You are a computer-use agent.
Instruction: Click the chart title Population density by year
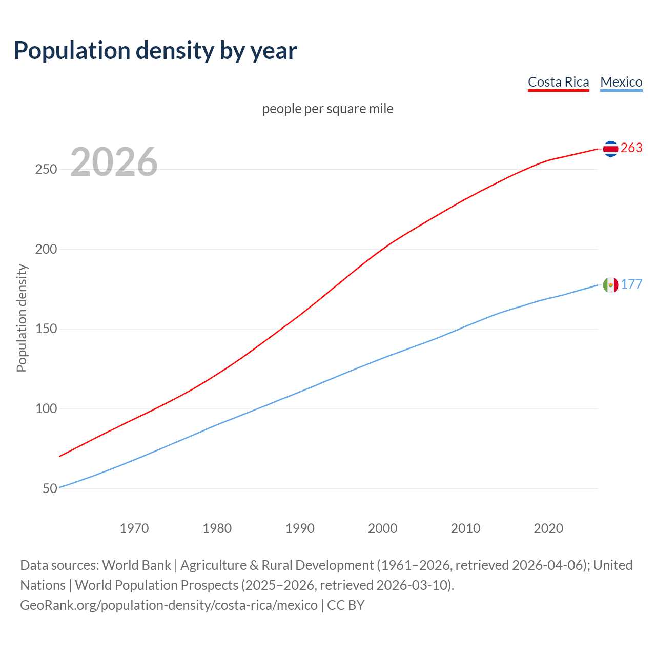(155, 51)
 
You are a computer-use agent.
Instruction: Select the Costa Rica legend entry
(558, 82)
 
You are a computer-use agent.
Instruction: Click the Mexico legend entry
(621, 82)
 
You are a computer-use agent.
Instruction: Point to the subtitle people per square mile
(327, 109)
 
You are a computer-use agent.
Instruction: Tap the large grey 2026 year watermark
(114, 162)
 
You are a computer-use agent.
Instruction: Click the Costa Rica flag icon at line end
(610, 149)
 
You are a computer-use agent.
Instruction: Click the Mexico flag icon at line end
(610, 284)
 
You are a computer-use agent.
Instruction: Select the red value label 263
(631, 148)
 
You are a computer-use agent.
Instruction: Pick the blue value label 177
(631, 284)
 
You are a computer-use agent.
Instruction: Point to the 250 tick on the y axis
(46, 170)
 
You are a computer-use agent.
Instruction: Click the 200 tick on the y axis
(46, 250)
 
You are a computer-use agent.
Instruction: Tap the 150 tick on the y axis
(46, 329)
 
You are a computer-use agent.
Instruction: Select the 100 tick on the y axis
(46, 409)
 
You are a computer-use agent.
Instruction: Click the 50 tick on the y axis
(50, 488)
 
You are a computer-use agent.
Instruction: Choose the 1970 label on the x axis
(134, 528)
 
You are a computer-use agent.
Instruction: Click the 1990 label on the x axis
(300, 528)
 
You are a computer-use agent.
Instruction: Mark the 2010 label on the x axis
(465, 528)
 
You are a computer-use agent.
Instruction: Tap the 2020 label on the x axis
(548, 528)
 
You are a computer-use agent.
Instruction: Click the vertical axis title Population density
(22, 318)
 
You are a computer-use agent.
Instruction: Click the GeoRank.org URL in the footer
(169, 605)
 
